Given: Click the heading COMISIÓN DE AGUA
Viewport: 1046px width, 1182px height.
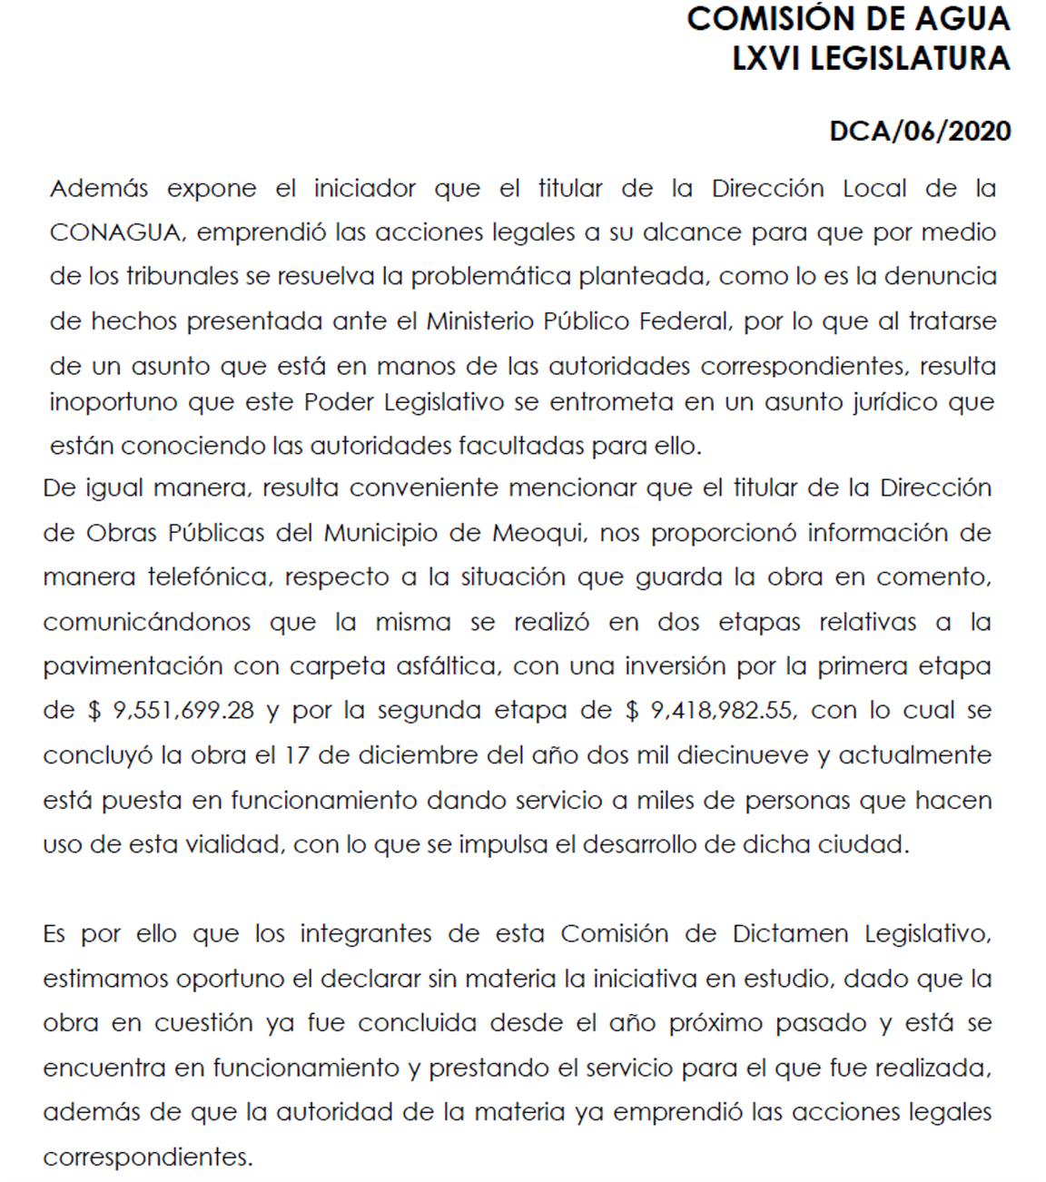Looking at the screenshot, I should (x=847, y=19).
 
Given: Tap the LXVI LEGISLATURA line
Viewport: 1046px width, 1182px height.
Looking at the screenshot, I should (x=871, y=59).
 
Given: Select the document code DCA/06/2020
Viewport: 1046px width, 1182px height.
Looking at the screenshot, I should (x=919, y=132).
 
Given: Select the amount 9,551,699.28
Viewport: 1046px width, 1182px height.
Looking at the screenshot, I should (x=183, y=710).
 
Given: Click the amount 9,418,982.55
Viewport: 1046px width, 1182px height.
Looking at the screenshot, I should (x=723, y=710).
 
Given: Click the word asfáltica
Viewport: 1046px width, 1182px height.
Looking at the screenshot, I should (x=447, y=666).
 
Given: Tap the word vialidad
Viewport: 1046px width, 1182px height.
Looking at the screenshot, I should (x=235, y=844).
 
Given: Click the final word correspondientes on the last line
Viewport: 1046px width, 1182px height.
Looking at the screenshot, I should (x=146, y=1157).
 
